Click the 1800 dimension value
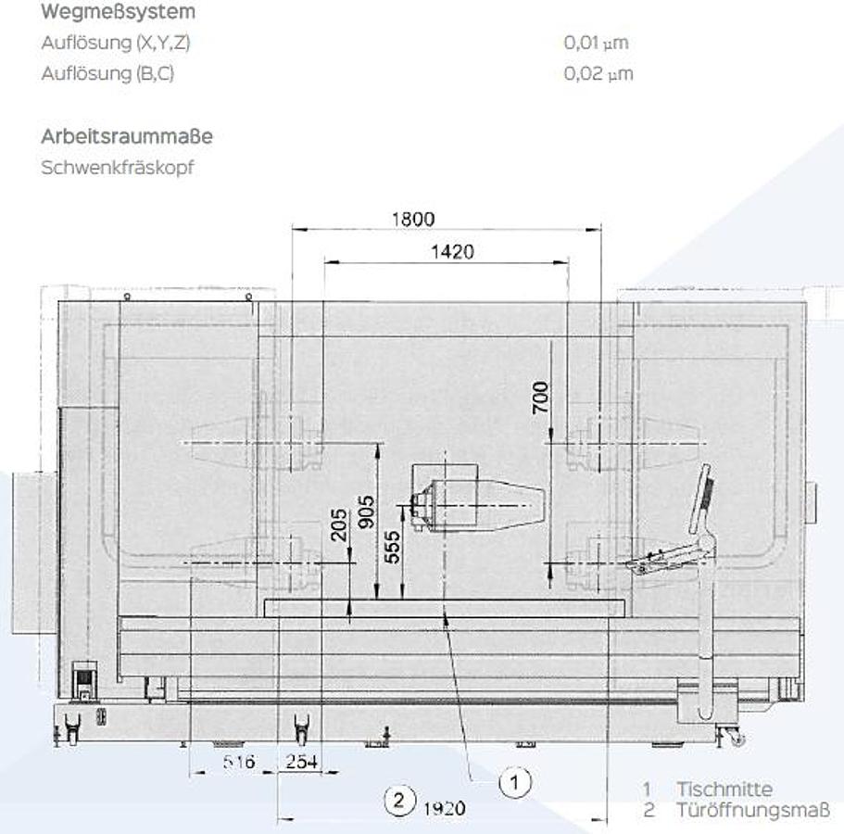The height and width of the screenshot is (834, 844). [x=413, y=219]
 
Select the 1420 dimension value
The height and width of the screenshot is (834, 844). [x=452, y=252]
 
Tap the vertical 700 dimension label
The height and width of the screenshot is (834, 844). [x=540, y=398]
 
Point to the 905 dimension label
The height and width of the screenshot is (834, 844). [x=366, y=512]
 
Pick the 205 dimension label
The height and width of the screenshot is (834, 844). [x=338, y=524]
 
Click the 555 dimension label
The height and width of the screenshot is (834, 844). [x=393, y=547]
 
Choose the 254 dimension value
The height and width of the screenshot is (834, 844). [x=301, y=762]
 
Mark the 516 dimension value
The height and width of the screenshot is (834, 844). [x=239, y=762]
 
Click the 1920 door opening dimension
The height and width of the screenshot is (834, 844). [x=444, y=808]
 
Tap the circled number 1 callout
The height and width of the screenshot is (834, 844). [x=514, y=782]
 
